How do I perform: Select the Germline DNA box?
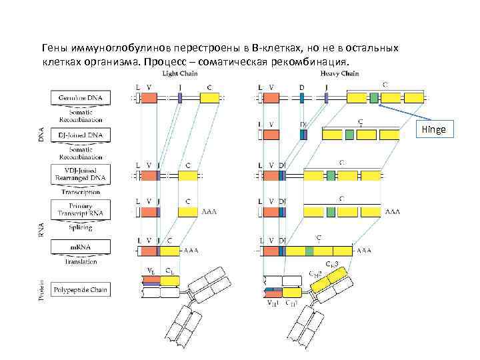tap(81, 98)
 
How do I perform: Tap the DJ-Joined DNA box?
tap(81, 135)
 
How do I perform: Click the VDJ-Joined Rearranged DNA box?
tap(81, 174)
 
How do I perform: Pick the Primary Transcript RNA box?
tap(81, 210)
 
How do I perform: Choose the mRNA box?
tap(81, 247)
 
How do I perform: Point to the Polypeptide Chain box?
tap(81, 290)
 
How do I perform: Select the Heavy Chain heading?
tap(339, 73)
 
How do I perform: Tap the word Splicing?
tap(81, 228)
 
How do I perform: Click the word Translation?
tap(81, 263)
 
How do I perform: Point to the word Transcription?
tap(81, 192)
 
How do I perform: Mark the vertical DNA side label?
tap(41, 134)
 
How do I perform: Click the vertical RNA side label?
tap(41, 230)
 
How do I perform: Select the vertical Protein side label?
tap(41, 289)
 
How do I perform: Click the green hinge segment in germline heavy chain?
tap(374, 98)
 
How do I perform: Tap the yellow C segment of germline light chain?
tap(209, 98)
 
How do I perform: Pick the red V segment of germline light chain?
tap(149, 98)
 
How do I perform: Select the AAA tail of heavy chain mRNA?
tap(365, 251)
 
